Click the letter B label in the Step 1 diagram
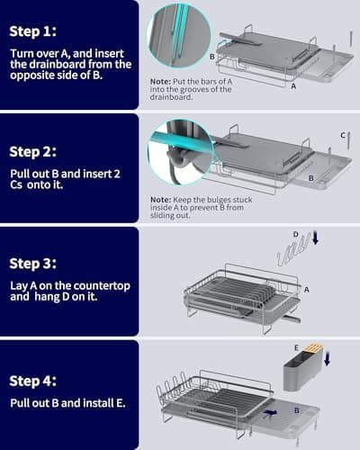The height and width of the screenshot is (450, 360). (211, 56)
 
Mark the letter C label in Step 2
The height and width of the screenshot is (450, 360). (343, 134)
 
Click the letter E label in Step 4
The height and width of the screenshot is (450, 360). (295, 346)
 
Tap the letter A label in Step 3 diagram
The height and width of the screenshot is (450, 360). (307, 290)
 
